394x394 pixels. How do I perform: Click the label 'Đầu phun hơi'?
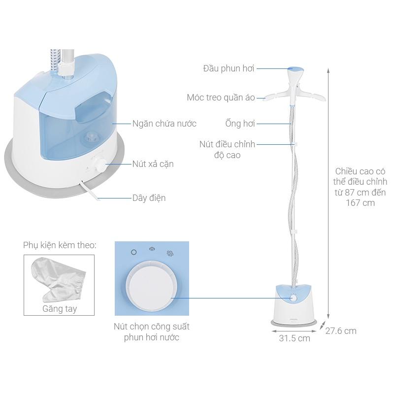tap(229, 68)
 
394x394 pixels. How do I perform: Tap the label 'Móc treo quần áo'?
tap(221, 97)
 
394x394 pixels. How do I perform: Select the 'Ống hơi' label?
tap(240, 123)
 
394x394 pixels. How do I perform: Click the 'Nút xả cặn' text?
tap(153, 164)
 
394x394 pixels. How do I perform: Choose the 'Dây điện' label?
tap(149, 198)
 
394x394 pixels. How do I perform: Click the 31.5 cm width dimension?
tap(294, 338)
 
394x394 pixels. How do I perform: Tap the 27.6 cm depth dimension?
tap(341, 330)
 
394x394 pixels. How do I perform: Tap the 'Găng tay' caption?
tap(59, 309)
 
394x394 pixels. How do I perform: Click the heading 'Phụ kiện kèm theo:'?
tap(59, 245)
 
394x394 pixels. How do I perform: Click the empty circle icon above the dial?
tap(133, 252)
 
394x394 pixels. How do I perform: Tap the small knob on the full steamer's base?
tap(294, 298)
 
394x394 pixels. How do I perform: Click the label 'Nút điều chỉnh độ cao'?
tap(227, 149)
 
